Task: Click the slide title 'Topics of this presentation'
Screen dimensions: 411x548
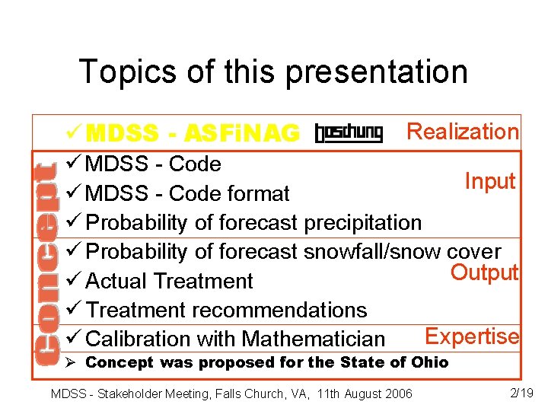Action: pos(273,72)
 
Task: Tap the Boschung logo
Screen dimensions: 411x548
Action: pos(349,134)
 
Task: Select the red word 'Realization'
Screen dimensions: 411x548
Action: pos(463,132)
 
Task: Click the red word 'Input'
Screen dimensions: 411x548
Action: pos(491,181)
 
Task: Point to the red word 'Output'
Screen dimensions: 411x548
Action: pos(485,272)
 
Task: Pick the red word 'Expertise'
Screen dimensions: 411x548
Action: pos(472,336)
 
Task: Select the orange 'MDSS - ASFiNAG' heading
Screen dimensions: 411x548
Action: pos(193,134)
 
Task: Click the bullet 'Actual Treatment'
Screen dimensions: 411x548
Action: pos(169,281)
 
